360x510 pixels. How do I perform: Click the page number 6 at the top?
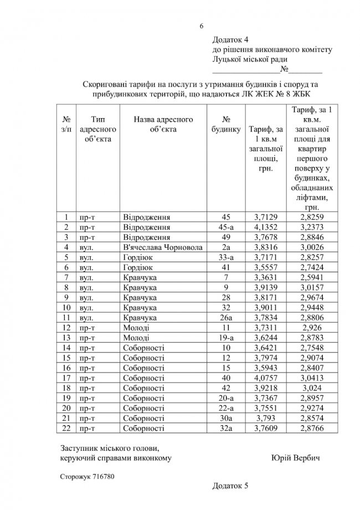(x=202, y=25)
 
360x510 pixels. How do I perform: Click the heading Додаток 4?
(x=231, y=40)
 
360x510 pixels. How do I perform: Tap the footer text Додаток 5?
(x=230, y=486)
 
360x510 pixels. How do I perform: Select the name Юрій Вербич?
(x=296, y=458)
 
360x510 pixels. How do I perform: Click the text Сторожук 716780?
(x=87, y=476)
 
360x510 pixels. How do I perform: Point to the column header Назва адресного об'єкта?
(x=163, y=124)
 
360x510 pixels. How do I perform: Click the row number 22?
(x=66, y=429)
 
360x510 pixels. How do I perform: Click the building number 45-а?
(x=225, y=227)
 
